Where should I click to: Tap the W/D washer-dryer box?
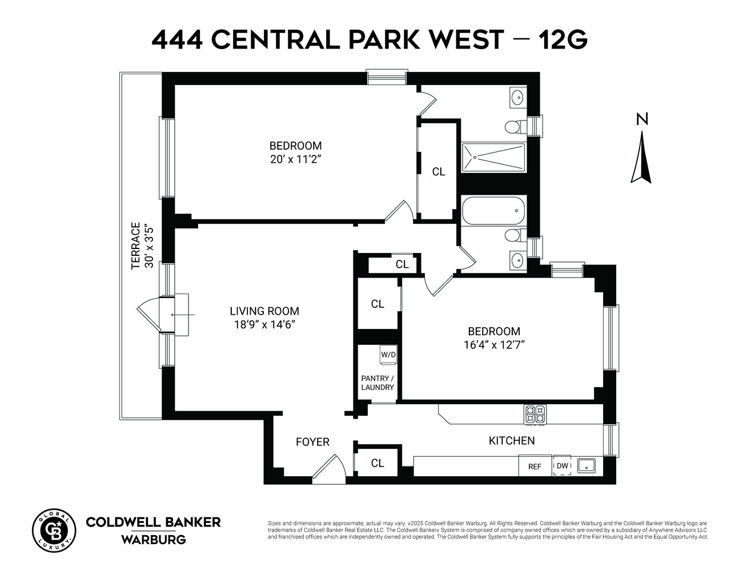click(x=388, y=355)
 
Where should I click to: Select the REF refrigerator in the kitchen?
click(x=535, y=466)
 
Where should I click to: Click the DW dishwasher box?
click(x=563, y=465)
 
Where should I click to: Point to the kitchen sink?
click(x=587, y=465)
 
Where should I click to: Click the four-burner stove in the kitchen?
click(x=535, y=414)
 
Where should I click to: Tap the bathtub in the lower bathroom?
click(x=493, y=210)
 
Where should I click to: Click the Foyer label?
click(x=312, y=442)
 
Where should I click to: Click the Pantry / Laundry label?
click(x=377, y=383)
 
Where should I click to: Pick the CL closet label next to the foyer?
click(x=377, y=463)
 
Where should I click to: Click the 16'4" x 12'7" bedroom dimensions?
click(x=494, y=344)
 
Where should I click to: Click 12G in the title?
click(x=561, y=40)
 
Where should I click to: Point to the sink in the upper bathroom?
click(x=517, y=97)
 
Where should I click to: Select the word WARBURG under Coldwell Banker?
click(x=153, y=540)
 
